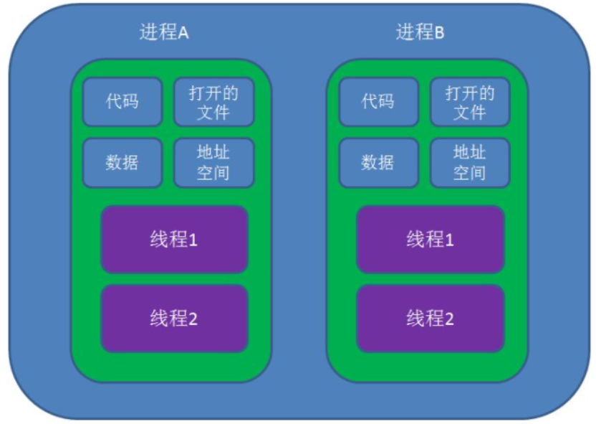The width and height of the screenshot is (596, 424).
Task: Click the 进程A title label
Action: click(x=164, y=33)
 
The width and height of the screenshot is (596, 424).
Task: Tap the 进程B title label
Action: click(x=420, y=33)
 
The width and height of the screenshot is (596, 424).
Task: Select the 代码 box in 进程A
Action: click(x=122, y=102)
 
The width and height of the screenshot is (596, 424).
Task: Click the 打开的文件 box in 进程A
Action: click(x=213, y=102)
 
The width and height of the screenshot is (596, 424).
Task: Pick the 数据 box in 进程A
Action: click(x=122, y=163)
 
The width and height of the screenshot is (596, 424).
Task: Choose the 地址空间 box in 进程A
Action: click(x=213, y=163)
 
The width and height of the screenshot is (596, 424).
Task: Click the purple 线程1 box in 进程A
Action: click(x=174, y=240)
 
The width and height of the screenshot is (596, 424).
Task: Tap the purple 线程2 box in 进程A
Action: click(x=174, y=319)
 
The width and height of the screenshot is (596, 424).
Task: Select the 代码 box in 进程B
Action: click(x=378, y=102)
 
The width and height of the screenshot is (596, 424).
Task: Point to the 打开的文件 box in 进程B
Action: click(x=469, y=102)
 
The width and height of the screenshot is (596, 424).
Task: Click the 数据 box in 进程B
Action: click(x=378, y=163)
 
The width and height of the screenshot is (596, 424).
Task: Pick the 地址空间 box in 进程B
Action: click(x=469, y=163)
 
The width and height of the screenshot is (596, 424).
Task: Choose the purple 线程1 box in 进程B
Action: click(x=431, y=240)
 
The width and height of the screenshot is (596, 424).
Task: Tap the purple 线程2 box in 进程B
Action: click(x=431, y=319)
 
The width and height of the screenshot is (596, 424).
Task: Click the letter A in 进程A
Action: click(x=183, y=34)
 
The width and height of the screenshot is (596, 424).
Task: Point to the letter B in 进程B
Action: click(x=439, y=34)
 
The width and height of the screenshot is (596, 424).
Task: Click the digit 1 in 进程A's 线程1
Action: click(x=193, y=240)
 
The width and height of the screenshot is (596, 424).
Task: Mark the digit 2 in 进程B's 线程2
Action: click(x=449, y=319)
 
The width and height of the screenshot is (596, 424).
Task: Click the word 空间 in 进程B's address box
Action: click(x=469, y=173)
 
